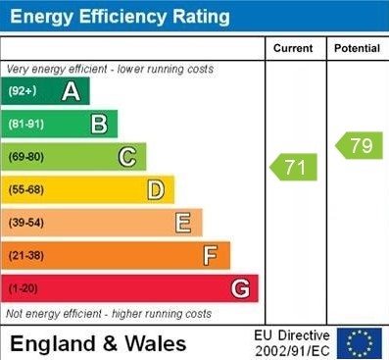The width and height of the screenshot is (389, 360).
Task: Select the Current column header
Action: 293,48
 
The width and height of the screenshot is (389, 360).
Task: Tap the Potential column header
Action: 357,48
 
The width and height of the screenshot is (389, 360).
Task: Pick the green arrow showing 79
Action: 359,146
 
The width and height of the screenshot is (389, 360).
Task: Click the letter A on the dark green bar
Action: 71,92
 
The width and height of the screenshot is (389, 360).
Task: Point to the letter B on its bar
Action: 99,125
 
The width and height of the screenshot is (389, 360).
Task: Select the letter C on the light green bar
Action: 126,157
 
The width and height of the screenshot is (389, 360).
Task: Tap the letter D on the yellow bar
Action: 155,190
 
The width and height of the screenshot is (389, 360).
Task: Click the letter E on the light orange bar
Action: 183,223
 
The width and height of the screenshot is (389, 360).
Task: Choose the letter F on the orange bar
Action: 210,256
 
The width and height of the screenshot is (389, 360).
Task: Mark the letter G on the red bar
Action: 239,289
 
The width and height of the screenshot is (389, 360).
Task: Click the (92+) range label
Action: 23,92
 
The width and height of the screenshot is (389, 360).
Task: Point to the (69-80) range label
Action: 27,157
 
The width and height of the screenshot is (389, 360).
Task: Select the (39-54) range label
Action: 27,223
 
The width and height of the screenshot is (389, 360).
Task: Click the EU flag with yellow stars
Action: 359,343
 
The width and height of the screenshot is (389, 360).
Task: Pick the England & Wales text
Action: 98,343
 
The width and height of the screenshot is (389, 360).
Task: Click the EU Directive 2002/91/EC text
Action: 292,343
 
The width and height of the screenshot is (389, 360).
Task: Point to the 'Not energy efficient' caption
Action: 109,314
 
